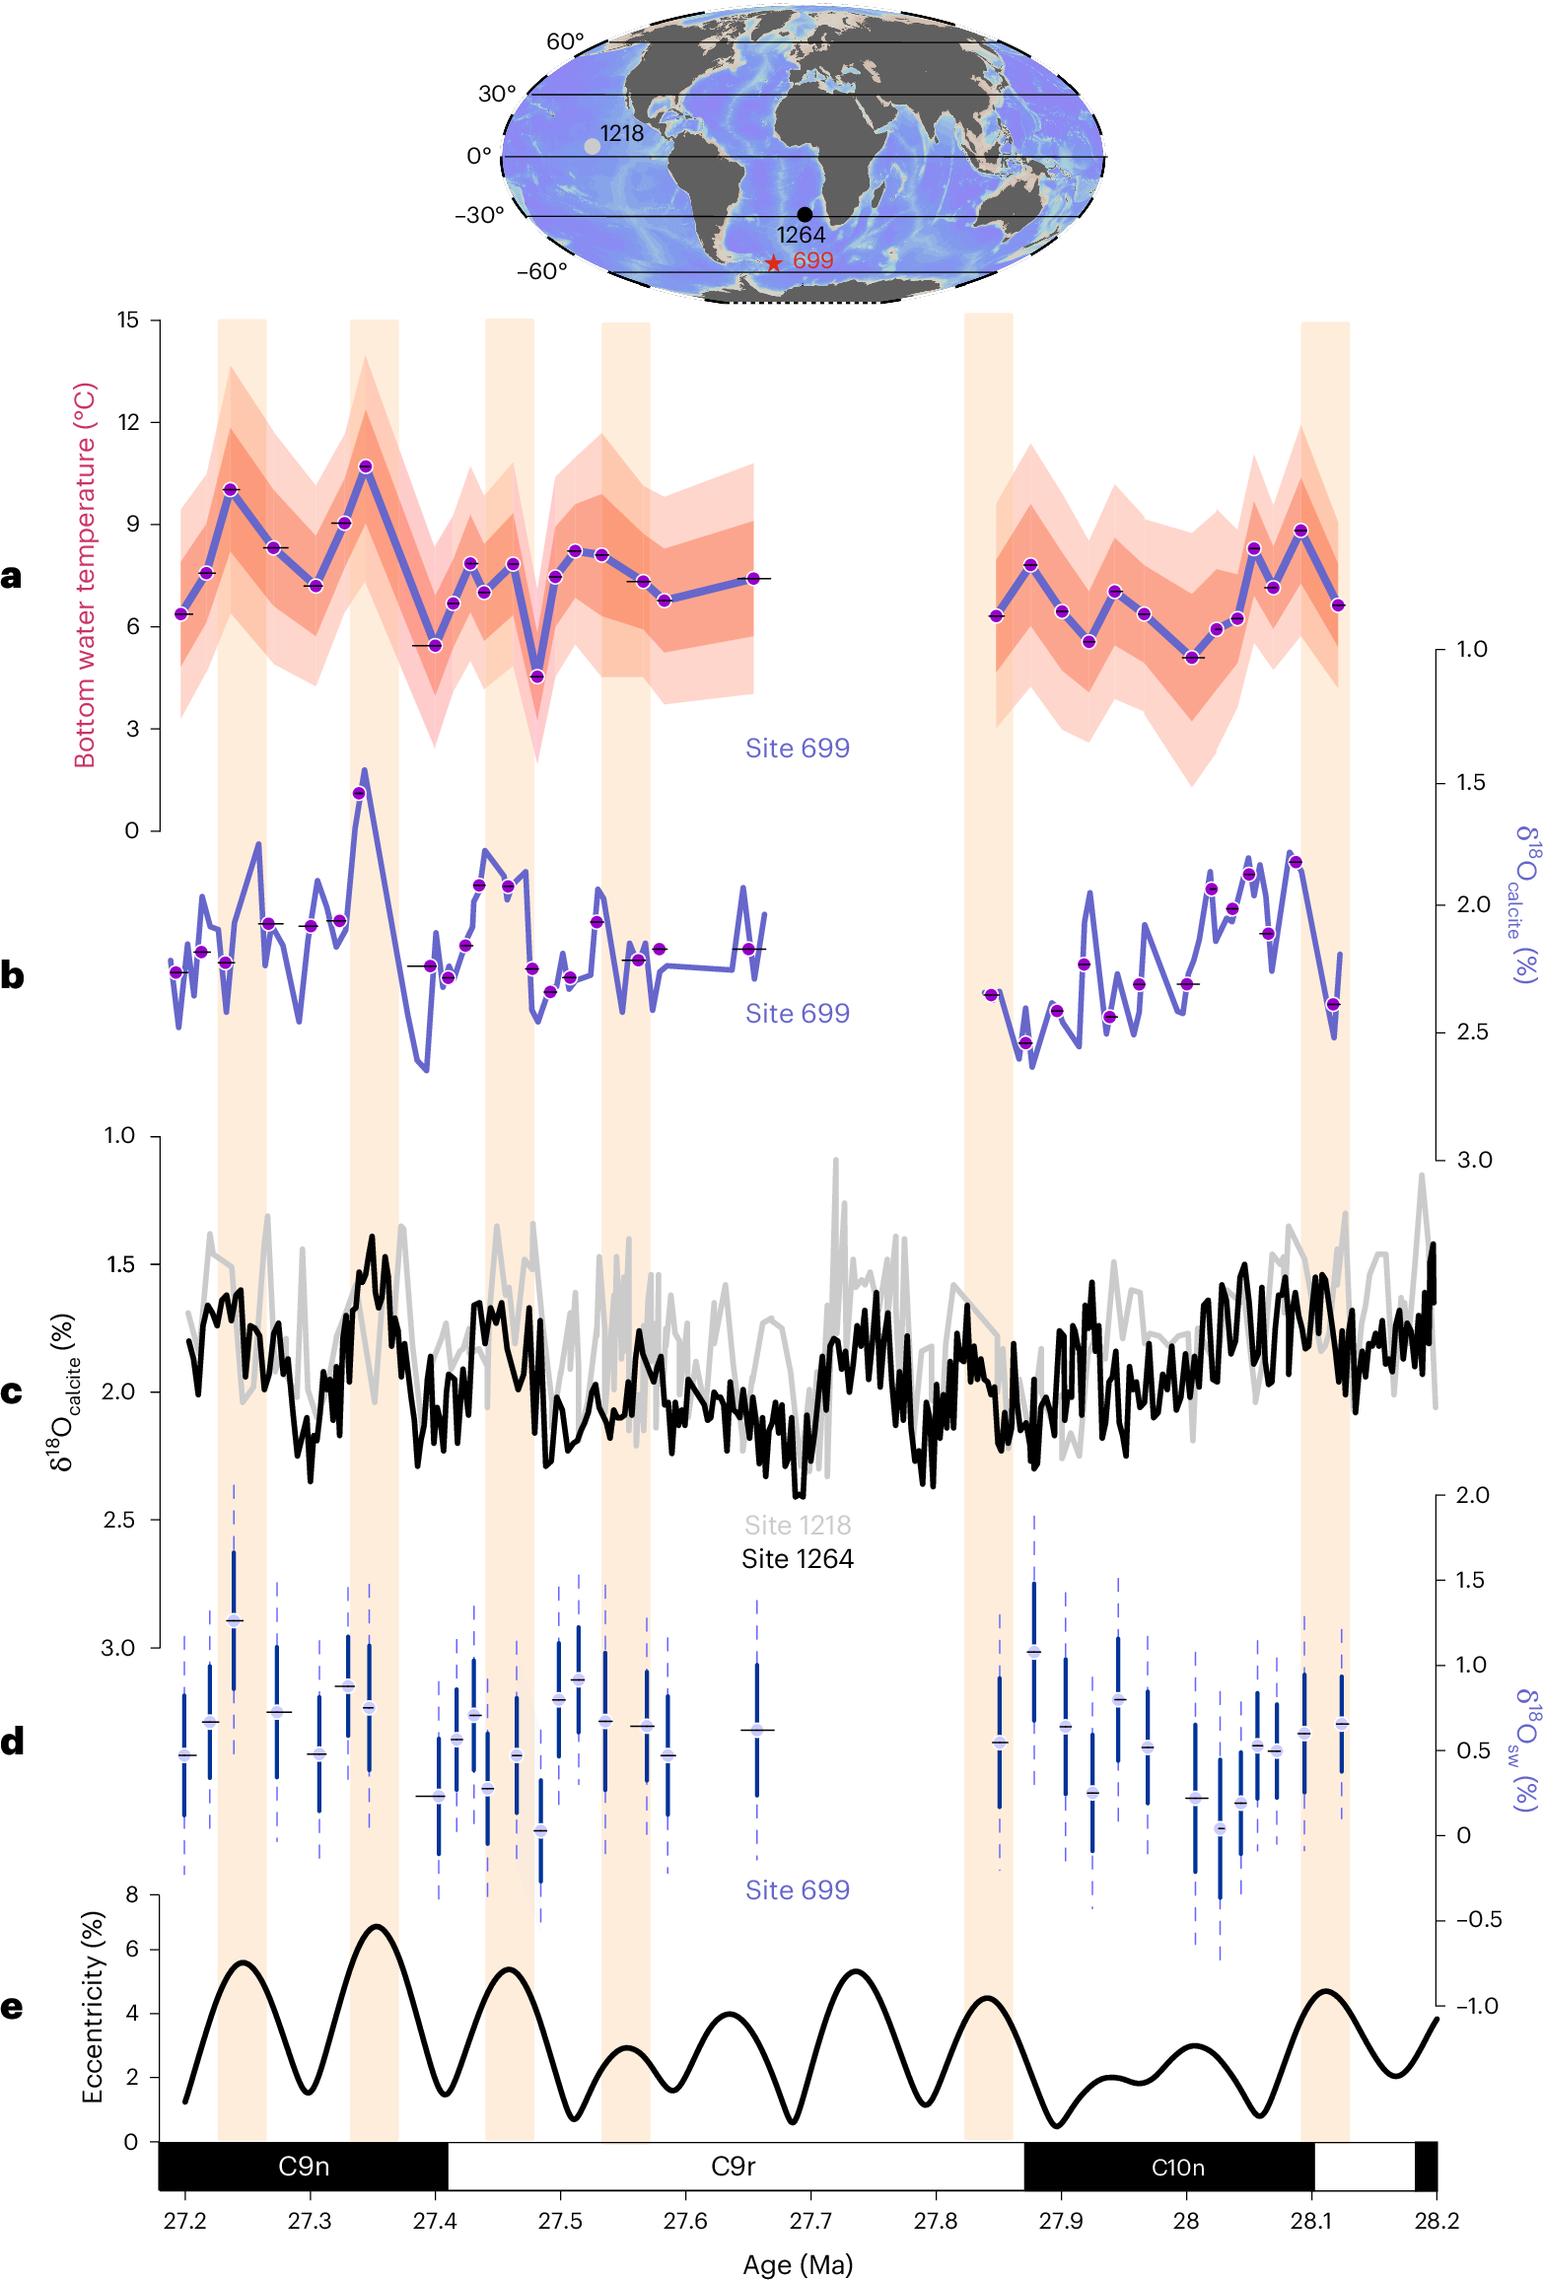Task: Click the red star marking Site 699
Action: pos(774,263)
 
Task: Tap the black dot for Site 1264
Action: pos(805,214)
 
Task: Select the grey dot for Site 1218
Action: pos(592,146)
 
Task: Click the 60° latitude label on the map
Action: pos(565,41)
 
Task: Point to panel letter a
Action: pos(12,576)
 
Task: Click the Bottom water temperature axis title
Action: pos(85,575)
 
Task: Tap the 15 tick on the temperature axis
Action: pos(128,320)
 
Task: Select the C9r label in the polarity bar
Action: pos(733,2167)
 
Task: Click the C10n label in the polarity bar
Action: pos(1177,2168)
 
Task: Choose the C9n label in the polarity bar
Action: pos(304,2167)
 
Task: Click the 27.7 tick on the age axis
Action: pos(809,2221)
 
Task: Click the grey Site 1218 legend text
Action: pos(797,1525)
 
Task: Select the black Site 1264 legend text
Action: pos(797,1558)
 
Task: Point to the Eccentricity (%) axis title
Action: pos(92,2007)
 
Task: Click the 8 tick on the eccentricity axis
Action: pos(131,1894)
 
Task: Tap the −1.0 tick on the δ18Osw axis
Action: pos(1476,2005)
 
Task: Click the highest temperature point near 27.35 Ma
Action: pos(366,466)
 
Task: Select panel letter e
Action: pos(12,2007)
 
